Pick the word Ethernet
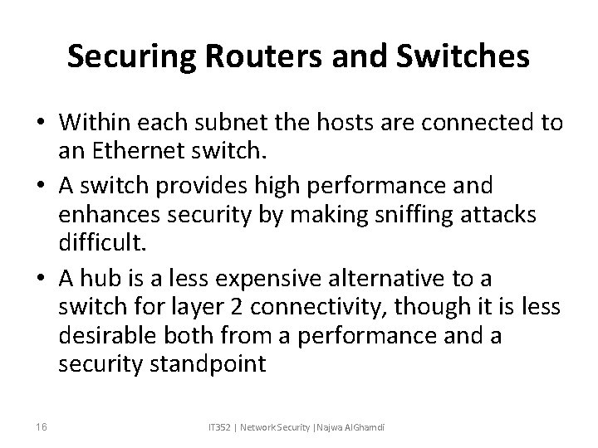click(x=135, y=152)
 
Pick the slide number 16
click(x=41, y=426)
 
